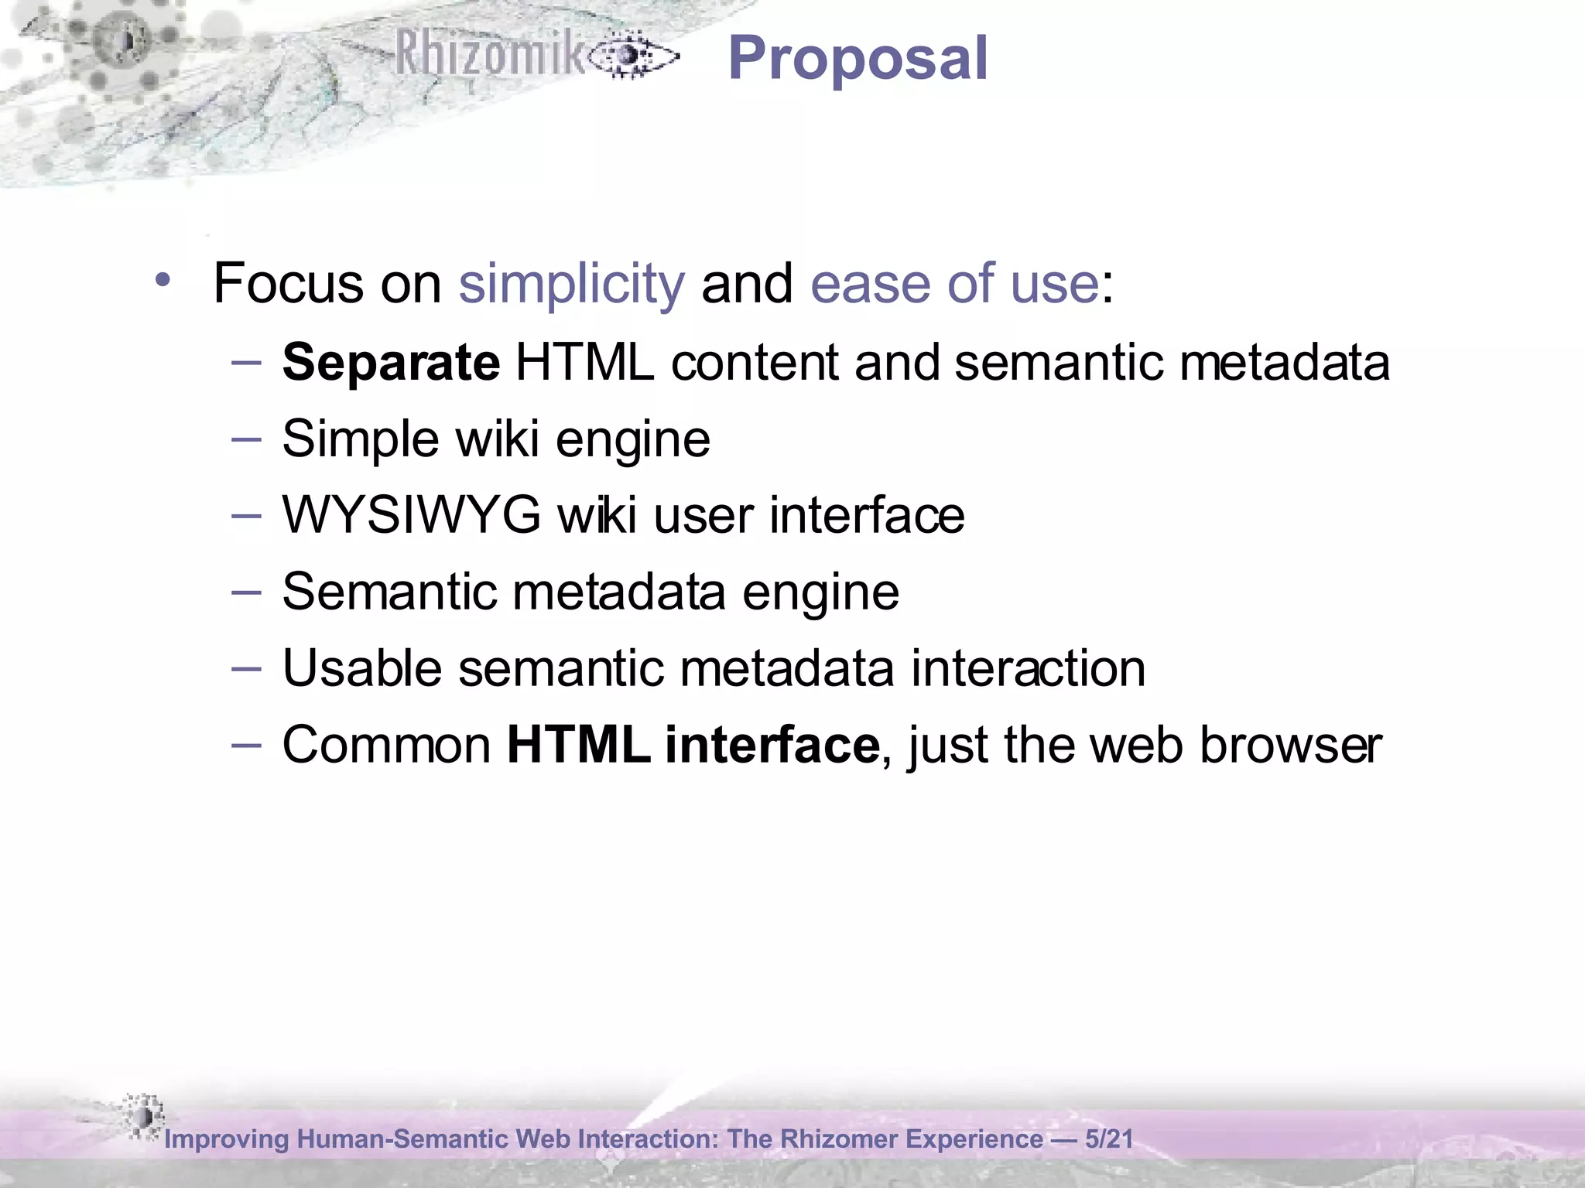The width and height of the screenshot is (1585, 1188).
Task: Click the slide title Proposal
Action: [x=858, y=59]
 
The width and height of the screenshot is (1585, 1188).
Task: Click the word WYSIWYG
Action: [x=412, y=515]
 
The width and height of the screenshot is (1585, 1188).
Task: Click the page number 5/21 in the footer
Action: [x=1109, y=1138]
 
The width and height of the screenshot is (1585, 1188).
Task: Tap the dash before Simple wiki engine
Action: [x=246, y=439]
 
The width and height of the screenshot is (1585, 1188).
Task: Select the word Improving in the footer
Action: [x=227, y=1139]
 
